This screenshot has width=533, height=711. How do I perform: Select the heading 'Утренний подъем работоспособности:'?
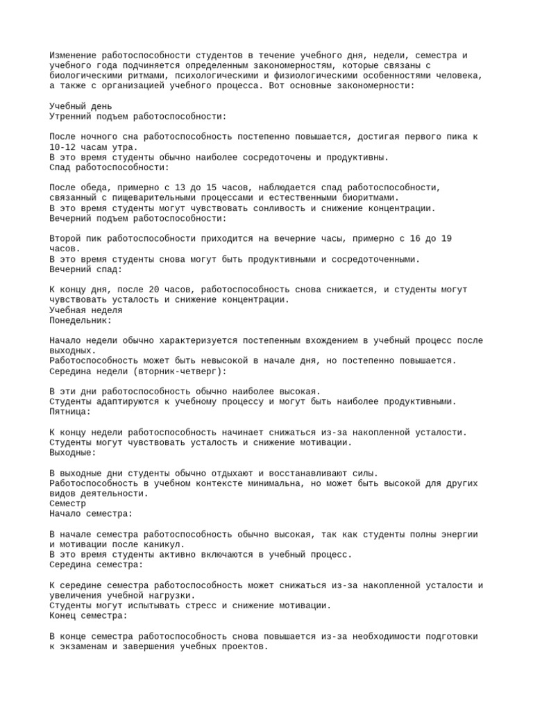137,117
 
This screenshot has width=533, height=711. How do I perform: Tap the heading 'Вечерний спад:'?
86,269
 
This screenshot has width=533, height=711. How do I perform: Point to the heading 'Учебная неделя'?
86,310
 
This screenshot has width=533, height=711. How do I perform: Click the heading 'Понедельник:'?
81,320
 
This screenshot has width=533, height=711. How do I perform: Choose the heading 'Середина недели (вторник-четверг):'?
138,371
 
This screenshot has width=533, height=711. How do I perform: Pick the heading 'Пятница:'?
71,411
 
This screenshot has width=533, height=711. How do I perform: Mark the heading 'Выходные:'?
73,452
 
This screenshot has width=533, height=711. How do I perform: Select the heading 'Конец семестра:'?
89,615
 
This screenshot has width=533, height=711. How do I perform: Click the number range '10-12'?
63,147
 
